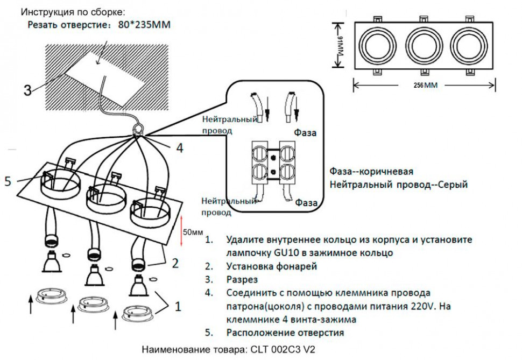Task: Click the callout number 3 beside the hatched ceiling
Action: pos(27,90)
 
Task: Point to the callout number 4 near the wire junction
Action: pos(180,148)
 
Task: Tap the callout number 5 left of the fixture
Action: pos(8,181)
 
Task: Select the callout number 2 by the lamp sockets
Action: pos(175,263)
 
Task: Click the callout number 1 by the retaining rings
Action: pos(177,306)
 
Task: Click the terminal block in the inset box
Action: pos(274,163)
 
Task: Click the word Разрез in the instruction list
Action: pos(242,279)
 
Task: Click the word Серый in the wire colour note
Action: pos(452,185)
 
